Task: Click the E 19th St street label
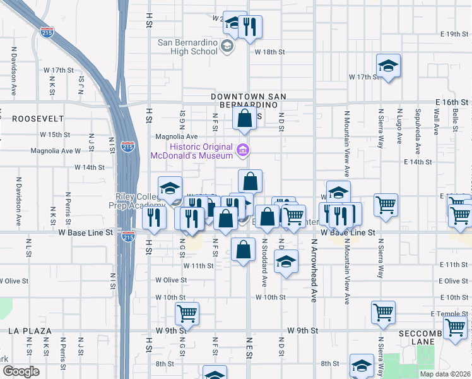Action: (452, 33)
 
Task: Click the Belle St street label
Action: (454, 119)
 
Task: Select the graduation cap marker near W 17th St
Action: (388, 66)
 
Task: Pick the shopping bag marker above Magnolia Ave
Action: (244, 118)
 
